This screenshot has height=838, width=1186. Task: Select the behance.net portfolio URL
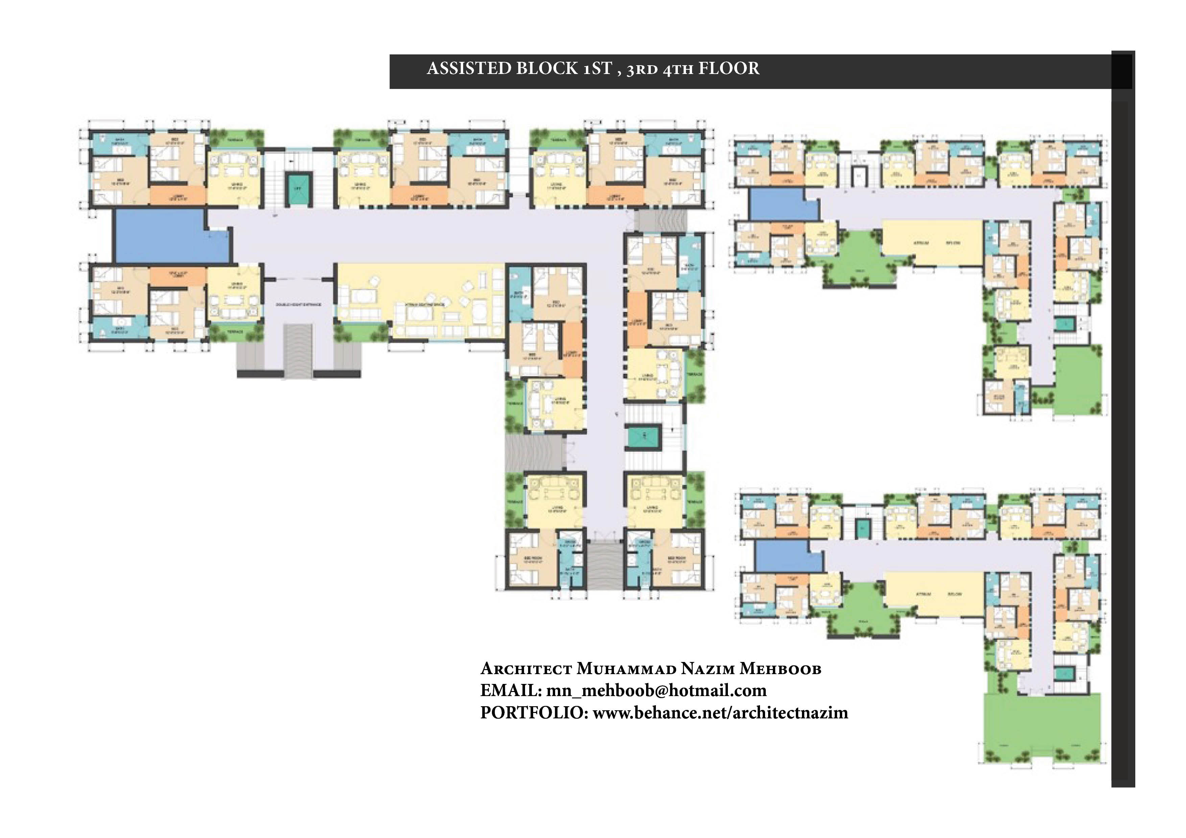point(720,713)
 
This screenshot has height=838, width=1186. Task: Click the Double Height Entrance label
point(298,305)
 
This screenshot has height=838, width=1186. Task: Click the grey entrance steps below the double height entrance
point(298,351)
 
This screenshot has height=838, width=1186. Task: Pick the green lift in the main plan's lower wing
point(644,437)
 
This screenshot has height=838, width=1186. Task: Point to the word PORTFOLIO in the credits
point(533,713)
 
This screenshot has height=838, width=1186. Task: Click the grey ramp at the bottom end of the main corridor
point(606,565)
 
